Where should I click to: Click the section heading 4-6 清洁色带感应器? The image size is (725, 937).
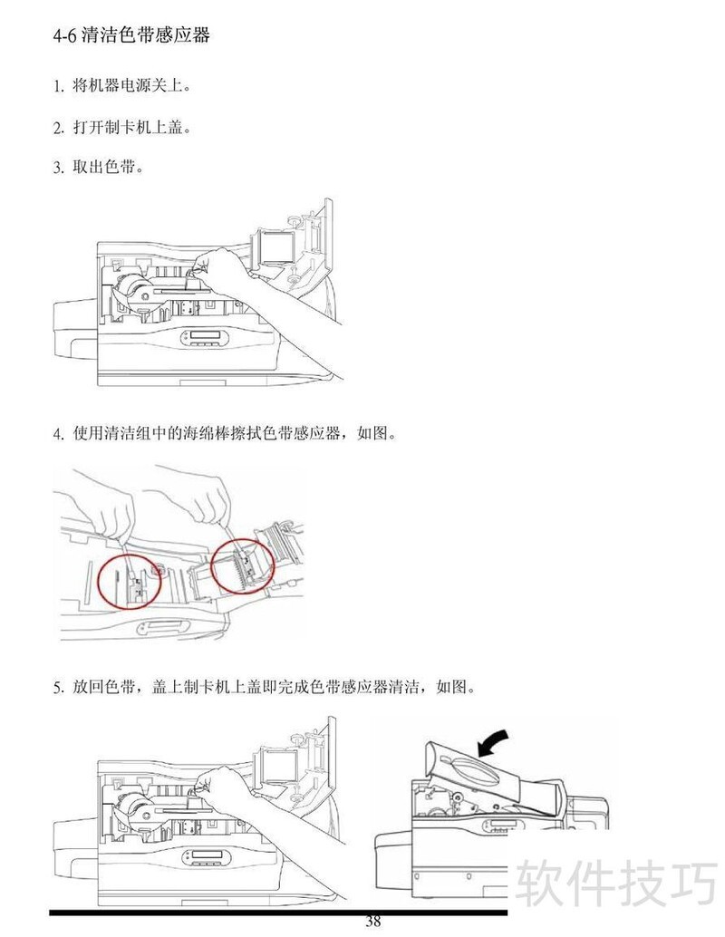point(131,35)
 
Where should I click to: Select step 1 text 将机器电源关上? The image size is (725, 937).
point(131,86)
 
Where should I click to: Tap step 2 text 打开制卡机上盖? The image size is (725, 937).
point(131,127)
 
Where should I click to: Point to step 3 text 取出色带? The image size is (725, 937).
point(108,167)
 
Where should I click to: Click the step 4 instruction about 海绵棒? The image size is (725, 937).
point(235,433)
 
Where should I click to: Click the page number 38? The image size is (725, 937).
point(373,921)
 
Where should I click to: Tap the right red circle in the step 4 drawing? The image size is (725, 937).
point(243,566)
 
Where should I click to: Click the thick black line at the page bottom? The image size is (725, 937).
point(278,913)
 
